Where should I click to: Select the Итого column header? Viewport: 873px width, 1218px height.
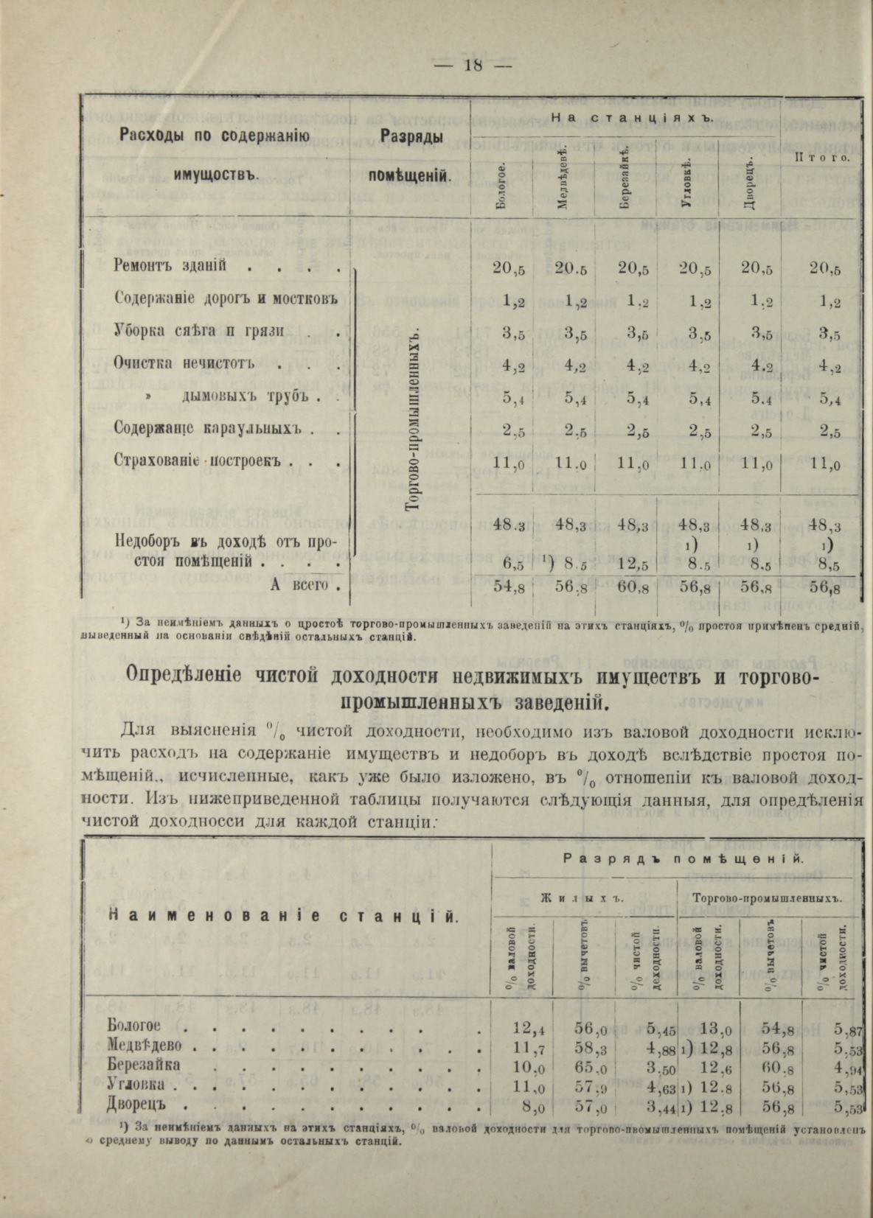pos(822,157)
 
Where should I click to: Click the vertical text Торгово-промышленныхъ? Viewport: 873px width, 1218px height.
pos(414,419)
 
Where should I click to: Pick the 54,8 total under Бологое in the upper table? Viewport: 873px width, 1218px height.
pos(508,588)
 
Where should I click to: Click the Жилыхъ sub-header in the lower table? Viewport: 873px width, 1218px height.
pos(582,898)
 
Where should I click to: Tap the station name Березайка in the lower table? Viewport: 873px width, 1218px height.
pos(144,1065)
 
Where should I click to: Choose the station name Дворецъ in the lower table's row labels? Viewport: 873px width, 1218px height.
pos(137,1105)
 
